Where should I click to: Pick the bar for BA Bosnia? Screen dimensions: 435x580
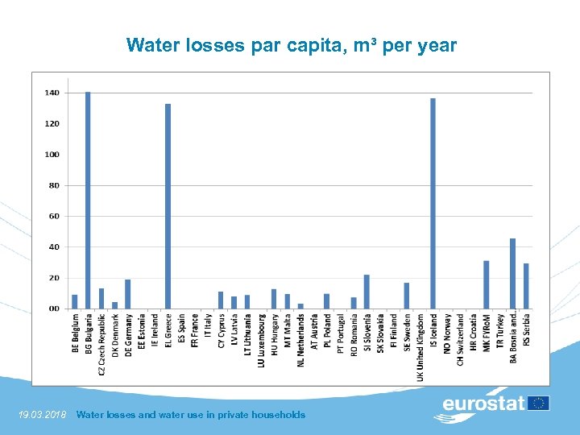coord(512,273)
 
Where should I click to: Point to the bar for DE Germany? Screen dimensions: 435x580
coord(127,294)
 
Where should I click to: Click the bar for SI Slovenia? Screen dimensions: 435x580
coord(367,292)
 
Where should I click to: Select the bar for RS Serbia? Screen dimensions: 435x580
coord(526,286)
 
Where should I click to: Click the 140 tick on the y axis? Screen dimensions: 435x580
coord(51,93)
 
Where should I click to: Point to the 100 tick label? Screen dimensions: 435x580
coord(51,155)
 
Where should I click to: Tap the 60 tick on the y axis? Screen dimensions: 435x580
coord(53,216)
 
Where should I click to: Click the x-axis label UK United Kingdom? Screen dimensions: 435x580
coord(420,347)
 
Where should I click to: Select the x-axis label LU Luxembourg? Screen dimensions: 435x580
coord(261,341)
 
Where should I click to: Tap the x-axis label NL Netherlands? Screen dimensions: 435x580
coord(300,340)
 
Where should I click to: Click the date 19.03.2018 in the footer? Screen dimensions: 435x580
coord(42,415)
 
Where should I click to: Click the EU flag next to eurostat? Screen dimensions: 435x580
coord(539,403)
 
